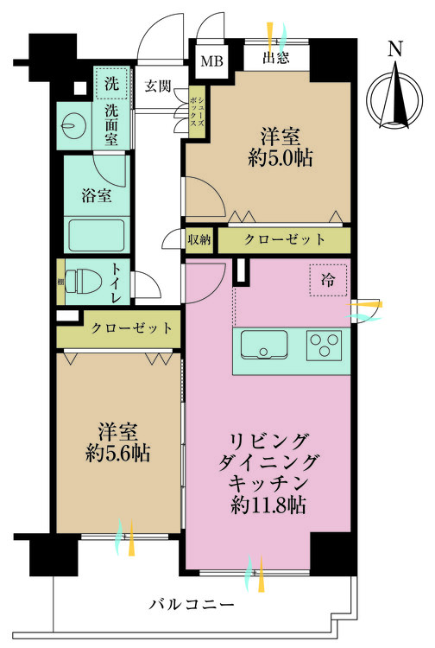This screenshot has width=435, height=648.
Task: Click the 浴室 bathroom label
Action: point(95,194)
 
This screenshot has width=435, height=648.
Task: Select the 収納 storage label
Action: point(199,238)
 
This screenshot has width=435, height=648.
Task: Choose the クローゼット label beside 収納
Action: point(285,238)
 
